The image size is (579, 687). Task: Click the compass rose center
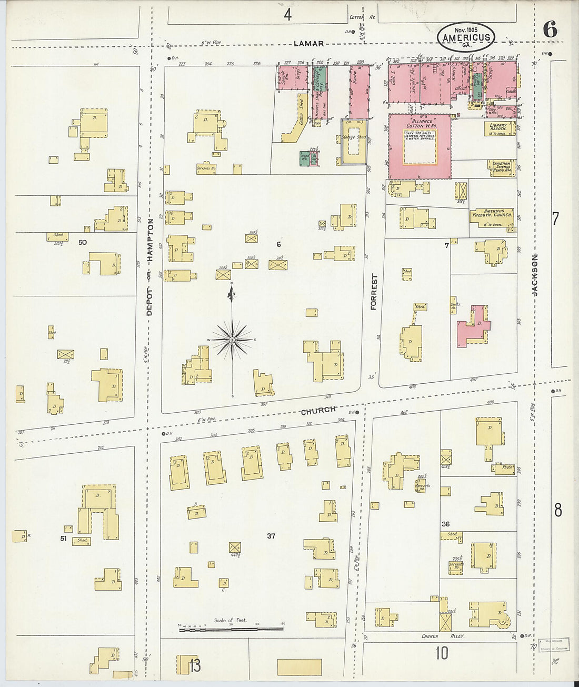tap(232, 341)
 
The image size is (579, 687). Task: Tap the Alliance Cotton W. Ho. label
tap(420, 124)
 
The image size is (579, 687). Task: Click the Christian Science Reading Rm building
tap(501, 168)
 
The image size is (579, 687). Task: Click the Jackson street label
tap(534, 275)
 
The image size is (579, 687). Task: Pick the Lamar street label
tap(309, 44)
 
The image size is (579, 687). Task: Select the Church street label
tap(318, 410)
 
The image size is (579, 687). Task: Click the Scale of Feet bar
tap(232, 628)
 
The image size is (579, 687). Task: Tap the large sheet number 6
tap(550, 29)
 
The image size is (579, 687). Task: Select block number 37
tap(271, 536)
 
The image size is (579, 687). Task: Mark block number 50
tap(82, 242)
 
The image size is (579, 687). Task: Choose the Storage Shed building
tap(354, 138)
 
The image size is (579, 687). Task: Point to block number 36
tap(445, 524)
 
